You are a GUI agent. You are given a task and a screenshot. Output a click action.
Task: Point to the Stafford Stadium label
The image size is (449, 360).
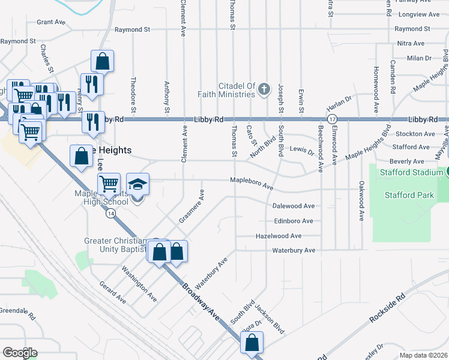pyautogui.click(x=411, y=173)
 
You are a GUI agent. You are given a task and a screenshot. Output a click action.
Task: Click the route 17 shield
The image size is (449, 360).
pyautogui.click(x=332, y=119)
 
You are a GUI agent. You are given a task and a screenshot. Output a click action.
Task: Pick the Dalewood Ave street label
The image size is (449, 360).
pyautogui.click(x=294, y=206)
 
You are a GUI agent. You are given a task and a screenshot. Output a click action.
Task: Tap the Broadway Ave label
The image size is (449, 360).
pyautogui.click(x=202, y=300)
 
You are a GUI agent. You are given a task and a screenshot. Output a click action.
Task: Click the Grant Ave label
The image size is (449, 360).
pyautogui.click(x=51, y=22)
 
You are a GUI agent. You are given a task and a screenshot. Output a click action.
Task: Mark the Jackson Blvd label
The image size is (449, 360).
pyautogui.click(x=269, y=319)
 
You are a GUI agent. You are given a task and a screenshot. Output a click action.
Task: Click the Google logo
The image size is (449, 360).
pyautogui.click(x=20, y=352)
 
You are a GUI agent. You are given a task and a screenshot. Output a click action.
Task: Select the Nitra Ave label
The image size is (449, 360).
pyautogui.click(x=411, y=44)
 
